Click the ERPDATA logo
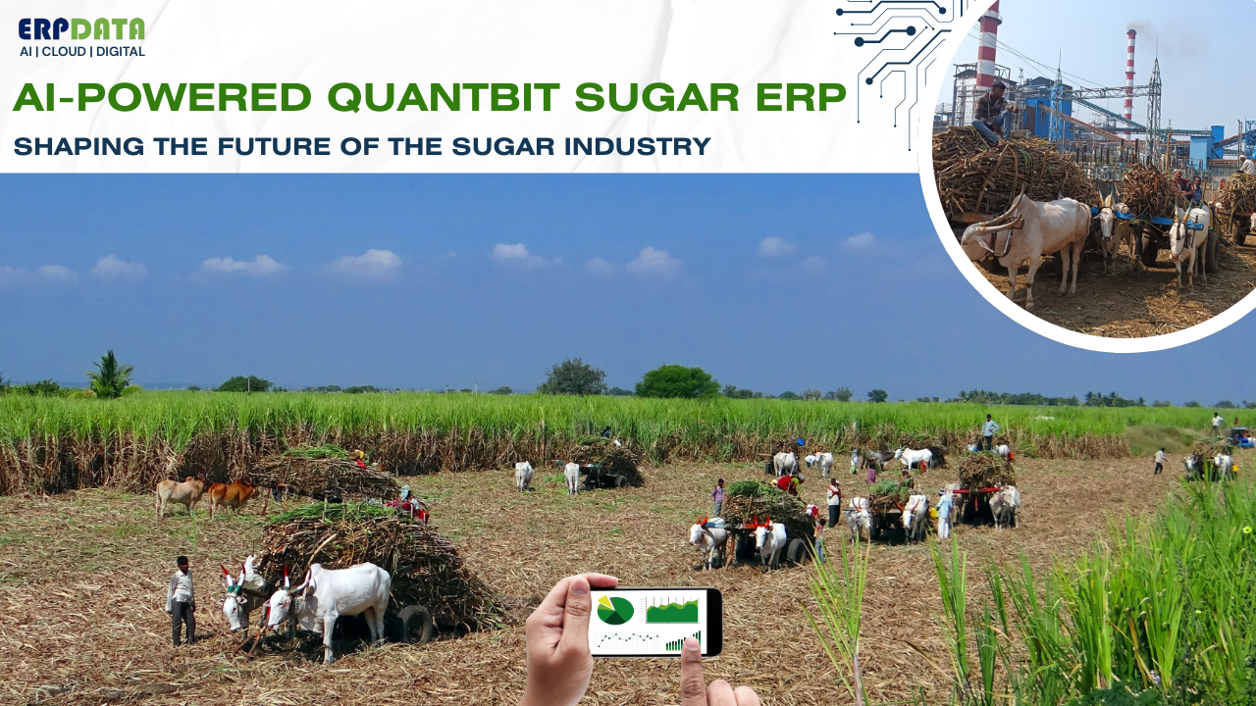81,29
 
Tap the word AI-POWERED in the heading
163,98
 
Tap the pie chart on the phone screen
615,610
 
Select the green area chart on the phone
672,611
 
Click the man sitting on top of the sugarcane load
993,110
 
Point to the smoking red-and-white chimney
1130,74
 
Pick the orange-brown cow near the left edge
232,493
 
